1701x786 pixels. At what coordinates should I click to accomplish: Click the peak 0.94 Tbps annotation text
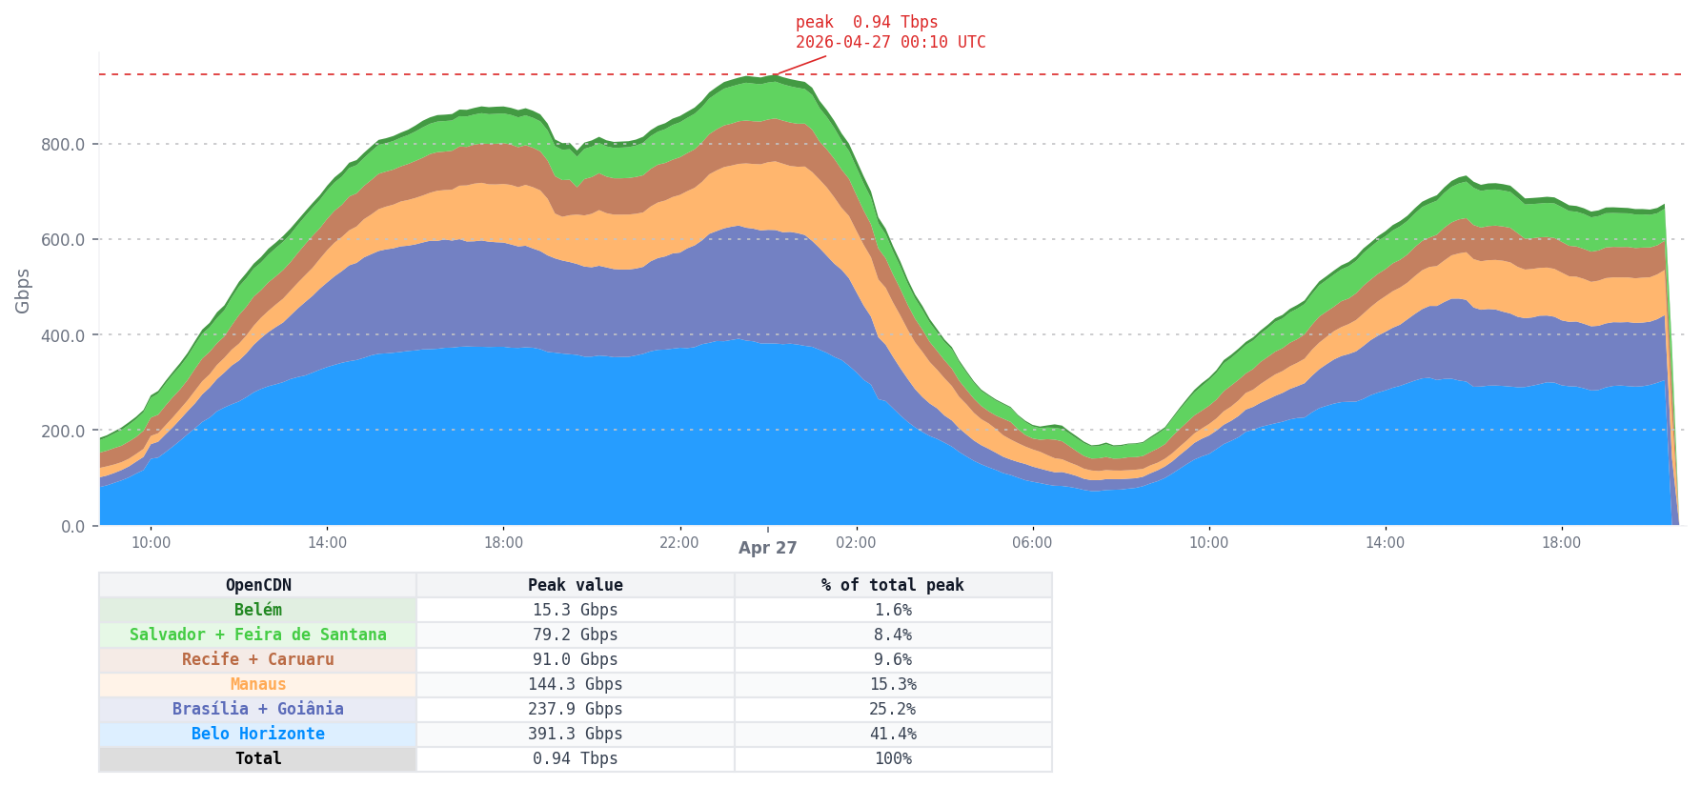(866, 22)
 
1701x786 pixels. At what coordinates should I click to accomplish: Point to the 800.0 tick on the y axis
(63, 145)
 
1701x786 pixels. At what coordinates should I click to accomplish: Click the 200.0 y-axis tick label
(63, 431)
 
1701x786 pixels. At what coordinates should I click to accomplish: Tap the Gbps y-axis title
(23, 291)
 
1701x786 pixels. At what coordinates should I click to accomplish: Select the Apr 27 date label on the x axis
(767, 548)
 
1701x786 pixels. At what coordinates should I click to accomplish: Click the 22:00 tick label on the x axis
(679, 543)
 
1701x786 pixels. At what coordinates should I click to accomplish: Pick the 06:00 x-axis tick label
(1032, 543)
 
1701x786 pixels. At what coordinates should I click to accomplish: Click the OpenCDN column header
(258, 585)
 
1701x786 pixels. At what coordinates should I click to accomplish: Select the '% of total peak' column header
(893, 585)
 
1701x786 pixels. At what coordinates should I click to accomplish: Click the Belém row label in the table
(258, 610)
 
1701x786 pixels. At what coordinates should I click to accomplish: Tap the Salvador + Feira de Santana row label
(258, 635)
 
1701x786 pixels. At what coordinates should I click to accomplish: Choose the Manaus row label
(258, 684)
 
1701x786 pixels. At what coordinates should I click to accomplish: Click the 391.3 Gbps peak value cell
(575, 734)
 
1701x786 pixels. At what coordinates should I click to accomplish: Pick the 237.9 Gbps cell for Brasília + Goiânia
(575, 709)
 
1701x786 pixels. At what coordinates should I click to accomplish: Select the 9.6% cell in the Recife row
(893, 659)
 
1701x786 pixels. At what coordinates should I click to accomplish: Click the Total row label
(258, 758)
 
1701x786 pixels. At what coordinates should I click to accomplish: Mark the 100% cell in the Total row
(893, 758)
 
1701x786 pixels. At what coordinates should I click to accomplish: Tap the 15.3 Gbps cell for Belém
(575, 610)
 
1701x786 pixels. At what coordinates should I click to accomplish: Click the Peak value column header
(575, 585)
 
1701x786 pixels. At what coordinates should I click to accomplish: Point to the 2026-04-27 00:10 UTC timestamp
(890, 43)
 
